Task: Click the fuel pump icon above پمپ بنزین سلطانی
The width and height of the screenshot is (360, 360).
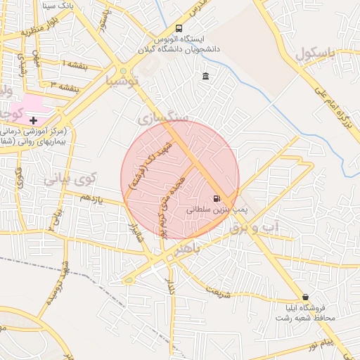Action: (x=217, y=198)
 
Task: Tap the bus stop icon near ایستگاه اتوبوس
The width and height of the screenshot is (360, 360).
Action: (x=179, y=29)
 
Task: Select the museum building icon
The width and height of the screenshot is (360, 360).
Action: (x=205, y=76)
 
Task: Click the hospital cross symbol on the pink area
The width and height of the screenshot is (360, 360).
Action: (x=33, y=120)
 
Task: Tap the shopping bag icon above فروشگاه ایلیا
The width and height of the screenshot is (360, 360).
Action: (x=305, y=297)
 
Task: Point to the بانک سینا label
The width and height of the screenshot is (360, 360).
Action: (x=59, y=6)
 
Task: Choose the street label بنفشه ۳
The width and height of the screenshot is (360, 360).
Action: (x=62, y=86)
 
